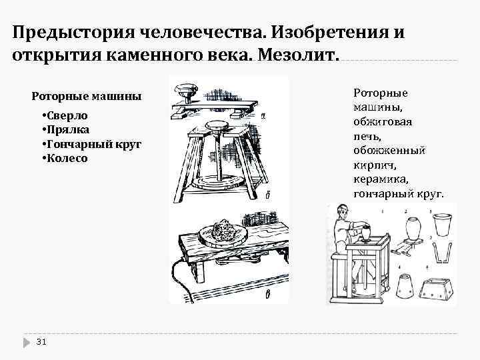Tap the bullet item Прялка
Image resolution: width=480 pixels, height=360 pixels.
[67, 130]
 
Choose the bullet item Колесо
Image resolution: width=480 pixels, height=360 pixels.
[67, 159]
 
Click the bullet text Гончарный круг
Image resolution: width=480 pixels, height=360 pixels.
[94, 145]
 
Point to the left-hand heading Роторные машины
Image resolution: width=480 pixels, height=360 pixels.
[87, 96]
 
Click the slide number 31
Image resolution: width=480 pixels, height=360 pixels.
[41, 342]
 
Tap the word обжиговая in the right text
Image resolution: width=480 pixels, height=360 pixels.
[382, 122]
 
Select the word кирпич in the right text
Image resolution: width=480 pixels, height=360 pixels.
[377, 165]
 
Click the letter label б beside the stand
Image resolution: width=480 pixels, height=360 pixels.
[267, 195]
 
